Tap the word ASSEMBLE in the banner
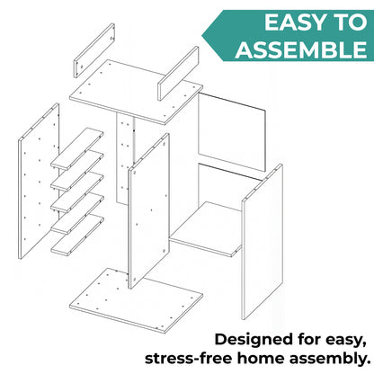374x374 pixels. point(301,49)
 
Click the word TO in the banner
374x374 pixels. point(350,22)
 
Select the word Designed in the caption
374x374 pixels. point(254,340)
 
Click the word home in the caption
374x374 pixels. point(262,359)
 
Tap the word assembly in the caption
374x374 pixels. point(330,360)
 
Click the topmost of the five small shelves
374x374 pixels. point(77,148)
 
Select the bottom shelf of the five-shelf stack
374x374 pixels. point(77,235)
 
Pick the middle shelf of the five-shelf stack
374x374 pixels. point(77,191)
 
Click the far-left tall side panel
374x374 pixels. point(39,182)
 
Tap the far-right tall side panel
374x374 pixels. point(263,242)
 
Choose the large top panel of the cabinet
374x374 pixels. point(137,92)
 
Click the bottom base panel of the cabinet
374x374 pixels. point(137,300)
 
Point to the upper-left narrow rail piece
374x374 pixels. point(94,50)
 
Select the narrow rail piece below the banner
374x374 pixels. point(178,74)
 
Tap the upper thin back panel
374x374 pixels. point(232,132)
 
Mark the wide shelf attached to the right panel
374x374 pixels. point(207,229)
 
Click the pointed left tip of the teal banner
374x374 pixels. point(202,36)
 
